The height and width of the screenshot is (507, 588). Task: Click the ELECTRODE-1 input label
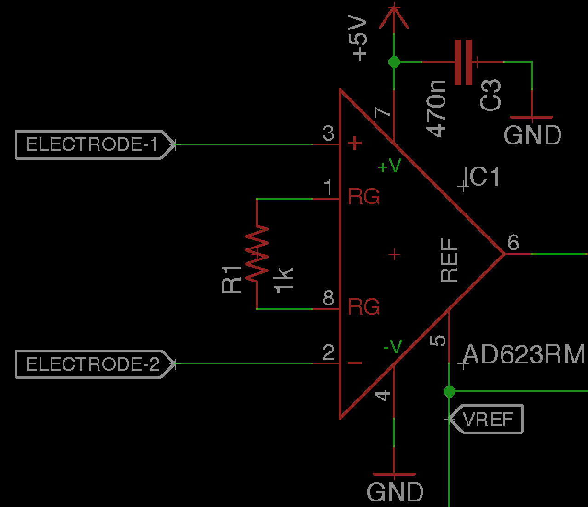point(92,145)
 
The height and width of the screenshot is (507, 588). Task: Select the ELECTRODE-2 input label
point(92,364)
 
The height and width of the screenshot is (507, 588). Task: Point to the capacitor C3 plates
point(463,62)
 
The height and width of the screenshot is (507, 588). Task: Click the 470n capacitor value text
point(436,109)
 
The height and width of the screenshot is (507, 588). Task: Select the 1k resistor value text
point(283,279)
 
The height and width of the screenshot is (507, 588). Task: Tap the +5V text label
point(360,39)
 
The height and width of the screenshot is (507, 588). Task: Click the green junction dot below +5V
point(394,62)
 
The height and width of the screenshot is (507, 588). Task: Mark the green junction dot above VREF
point(449,392)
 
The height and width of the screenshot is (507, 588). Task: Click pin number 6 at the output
point(513,242)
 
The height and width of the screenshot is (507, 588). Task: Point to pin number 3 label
point(328,134)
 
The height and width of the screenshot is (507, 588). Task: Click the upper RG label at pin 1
point(363,197)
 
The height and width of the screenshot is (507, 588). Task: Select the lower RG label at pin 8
point(363,306)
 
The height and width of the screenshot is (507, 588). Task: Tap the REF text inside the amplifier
point(449,260)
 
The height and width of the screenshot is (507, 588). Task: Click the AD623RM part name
point(524,355)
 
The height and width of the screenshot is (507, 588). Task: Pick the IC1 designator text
point(481,177)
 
